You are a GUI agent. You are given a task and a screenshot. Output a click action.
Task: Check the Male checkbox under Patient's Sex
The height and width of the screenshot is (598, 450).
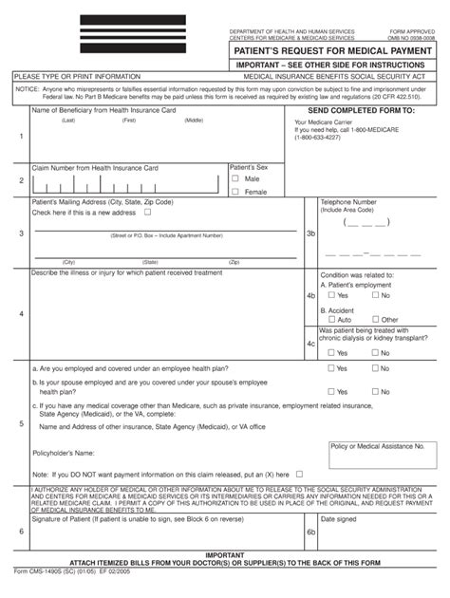pyautogui.click(x=236, y=178)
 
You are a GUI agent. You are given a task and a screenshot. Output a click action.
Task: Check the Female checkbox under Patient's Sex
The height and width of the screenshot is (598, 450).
pyautogui.click(x=236, y=191)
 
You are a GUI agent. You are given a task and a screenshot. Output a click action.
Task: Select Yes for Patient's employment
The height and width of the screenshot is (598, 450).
pyautogui.click(x=332, y=296)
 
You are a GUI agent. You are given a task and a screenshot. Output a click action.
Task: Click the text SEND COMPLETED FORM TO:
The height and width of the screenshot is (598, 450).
pyautogui.click(x=355, y=111)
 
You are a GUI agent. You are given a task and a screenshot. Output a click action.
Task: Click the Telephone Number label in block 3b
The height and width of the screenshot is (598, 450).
pyautogui.click(x=348, y=202)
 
